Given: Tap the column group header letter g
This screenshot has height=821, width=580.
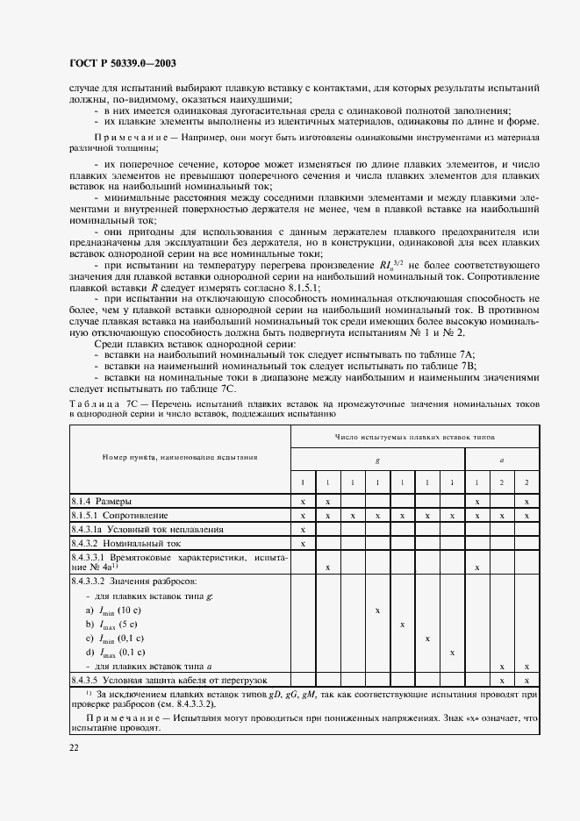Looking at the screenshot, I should (376, 459).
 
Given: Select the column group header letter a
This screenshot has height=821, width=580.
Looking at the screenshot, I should (501, 459).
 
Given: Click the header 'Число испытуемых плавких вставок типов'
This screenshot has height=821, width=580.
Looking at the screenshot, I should (414, 436).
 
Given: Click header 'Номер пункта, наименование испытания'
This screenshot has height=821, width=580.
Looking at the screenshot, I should (180, 457).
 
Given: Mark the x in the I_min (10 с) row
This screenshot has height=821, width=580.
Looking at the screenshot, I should (377, 610).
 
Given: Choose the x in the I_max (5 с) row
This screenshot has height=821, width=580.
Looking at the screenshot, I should (402, 625).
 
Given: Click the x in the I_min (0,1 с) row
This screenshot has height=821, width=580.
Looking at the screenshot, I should (427, 639).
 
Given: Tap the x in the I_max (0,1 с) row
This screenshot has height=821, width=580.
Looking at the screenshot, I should (452, 653).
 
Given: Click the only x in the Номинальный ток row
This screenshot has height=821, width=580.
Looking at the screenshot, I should (303, 544).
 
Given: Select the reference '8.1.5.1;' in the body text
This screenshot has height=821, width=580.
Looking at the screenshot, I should (300, 288).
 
